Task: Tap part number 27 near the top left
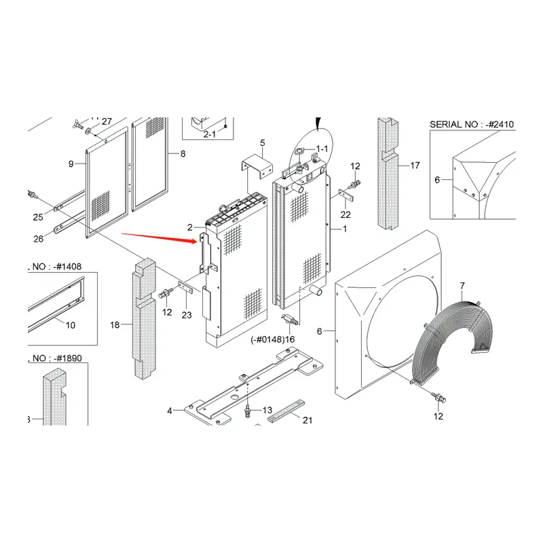(x=107, y=121)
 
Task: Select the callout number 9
(x=71, y=164)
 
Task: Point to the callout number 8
(x=182, y=154)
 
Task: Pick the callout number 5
(x=263, y=143)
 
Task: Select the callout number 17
(x=415, y=165)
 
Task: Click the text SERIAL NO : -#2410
(x=472, y=124)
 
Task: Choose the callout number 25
(x=37, y=217)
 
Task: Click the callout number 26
(x=37, y=238)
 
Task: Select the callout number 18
(x=115, y=325)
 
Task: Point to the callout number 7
(x=462, y=286)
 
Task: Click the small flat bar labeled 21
(x=283, y=413)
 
